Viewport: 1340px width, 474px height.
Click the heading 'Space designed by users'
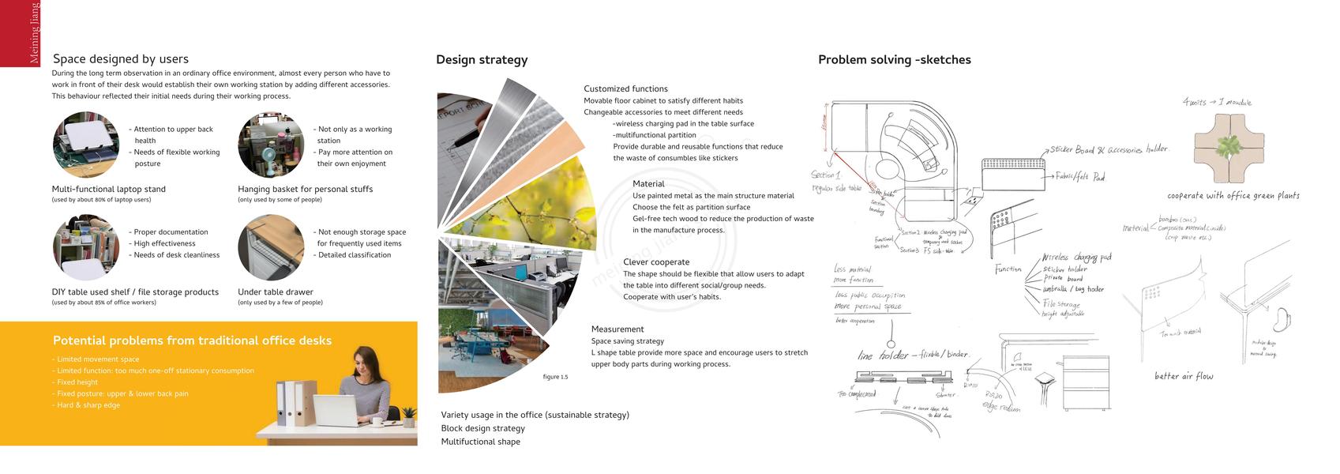click(121, 59)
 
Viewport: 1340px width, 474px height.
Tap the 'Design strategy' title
click(482, 60)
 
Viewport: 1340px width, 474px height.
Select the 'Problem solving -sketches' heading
click(894, 60)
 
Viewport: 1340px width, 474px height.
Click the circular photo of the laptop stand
click(86, 145)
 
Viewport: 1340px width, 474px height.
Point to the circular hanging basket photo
click(271, 145)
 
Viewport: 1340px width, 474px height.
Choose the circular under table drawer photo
click(271, 247)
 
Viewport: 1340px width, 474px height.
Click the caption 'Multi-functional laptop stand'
click(109, 190)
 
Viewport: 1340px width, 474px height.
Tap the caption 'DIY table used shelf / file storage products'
click(135, 292)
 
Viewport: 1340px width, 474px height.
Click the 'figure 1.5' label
click(555, 377)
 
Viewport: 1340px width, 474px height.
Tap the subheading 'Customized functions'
click(625, 89)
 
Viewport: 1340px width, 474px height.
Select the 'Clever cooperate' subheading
click(656, 262)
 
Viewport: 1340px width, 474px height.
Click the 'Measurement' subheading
click(617, 329)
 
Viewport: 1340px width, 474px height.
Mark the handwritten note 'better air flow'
click(1184, 376)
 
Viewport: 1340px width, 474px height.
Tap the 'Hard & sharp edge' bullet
click(88, 405)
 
